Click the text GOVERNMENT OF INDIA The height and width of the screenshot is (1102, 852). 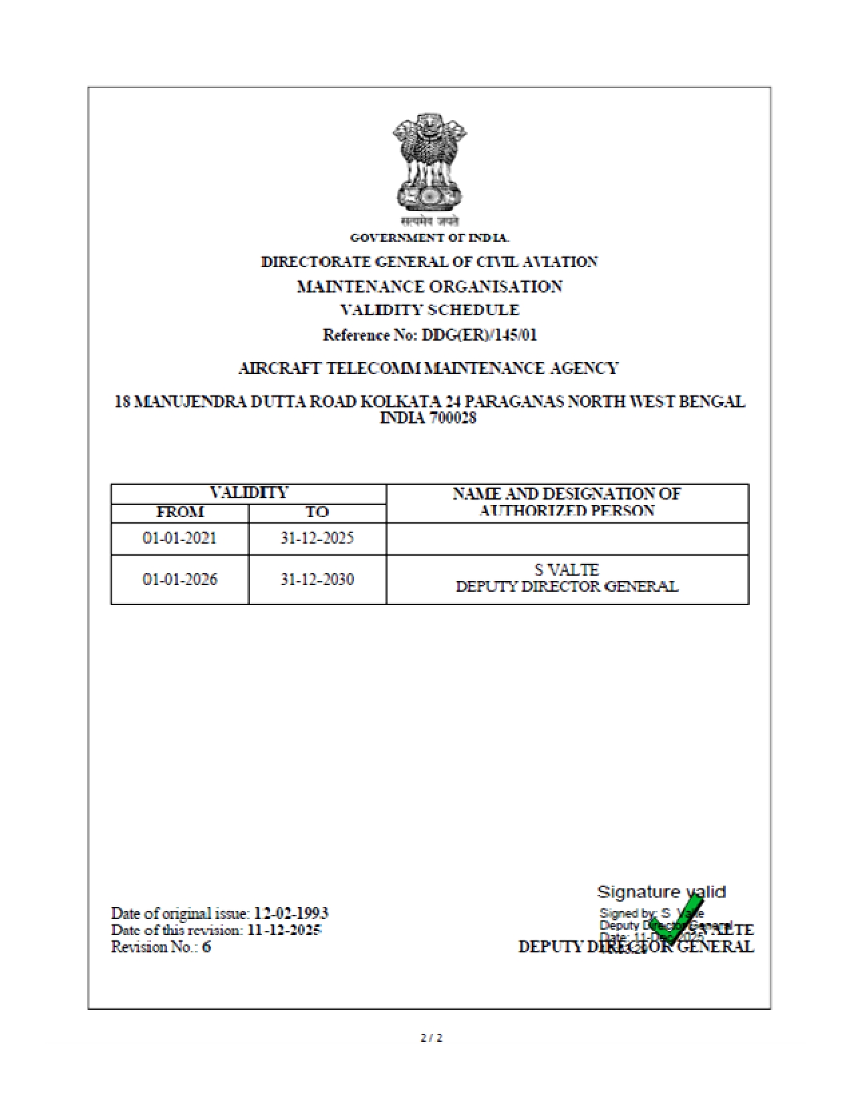tap(430, 238)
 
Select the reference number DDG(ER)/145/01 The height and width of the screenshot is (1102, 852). tap(479, 335)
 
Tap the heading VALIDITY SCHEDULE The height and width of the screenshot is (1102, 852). tap(430, 311)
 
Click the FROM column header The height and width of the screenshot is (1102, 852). tap(180, 512)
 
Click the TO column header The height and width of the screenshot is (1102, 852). tap(317, 512)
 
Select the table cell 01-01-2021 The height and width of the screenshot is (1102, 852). tap(180, 538)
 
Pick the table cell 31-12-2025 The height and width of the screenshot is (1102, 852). tap(317, 538)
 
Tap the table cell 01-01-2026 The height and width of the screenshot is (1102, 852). tap(180, 579)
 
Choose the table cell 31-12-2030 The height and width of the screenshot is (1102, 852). tap(317, 579)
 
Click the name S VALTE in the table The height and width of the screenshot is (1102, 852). tap(567, 570)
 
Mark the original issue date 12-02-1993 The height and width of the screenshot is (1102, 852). tap(291, 913)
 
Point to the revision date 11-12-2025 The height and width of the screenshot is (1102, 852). tap(285, 930)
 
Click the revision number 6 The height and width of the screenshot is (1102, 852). tap(206, 947)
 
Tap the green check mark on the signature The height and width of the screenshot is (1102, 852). tap(675, 922)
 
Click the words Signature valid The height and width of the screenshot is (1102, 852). tap(661, 892)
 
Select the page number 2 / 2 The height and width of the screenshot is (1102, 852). tap(432, 1038)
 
